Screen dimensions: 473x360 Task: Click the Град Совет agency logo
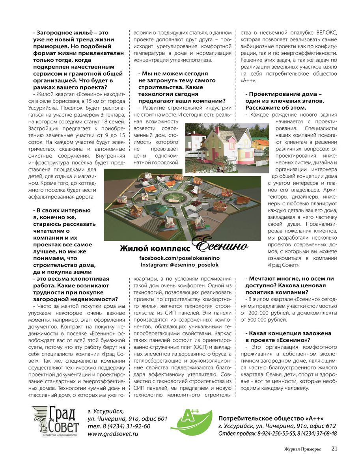click(x=55, y=421)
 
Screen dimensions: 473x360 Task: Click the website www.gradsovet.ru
click(x=113, y=434)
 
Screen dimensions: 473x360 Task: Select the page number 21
click(x=334, y=448)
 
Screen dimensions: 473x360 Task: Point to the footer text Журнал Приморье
click(x=302, y=449)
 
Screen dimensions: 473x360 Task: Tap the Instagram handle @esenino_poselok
click(x=179, y=265)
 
